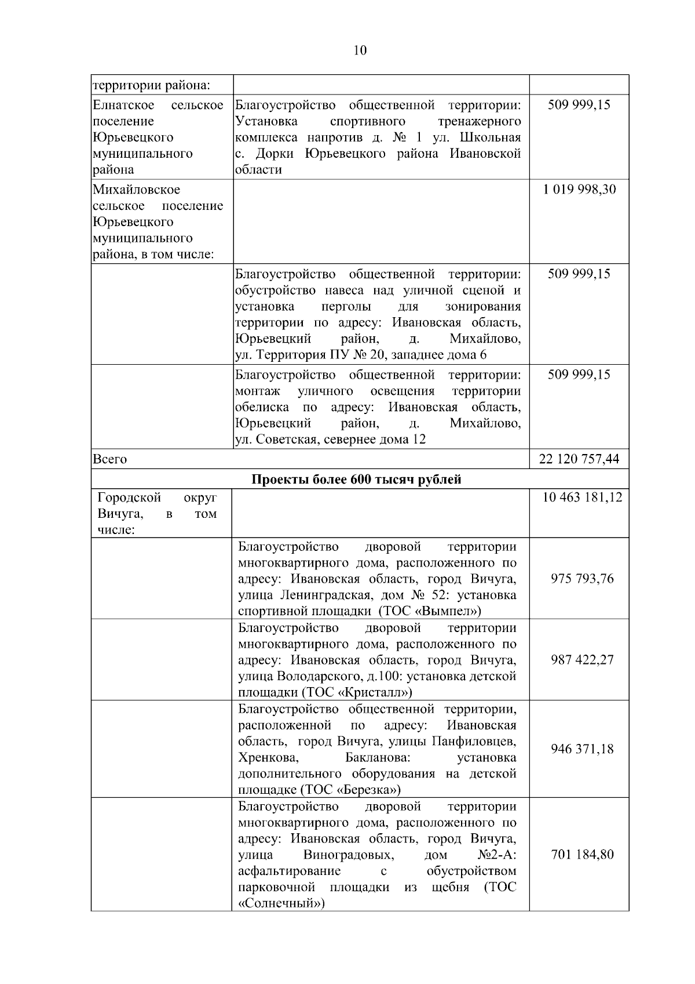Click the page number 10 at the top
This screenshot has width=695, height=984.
(360, 50)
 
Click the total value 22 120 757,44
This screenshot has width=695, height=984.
(579, 459)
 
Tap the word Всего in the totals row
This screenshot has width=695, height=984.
(109, 459)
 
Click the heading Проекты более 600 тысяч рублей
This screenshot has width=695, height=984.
(357, 480)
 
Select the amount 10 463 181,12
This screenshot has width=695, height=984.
(582, 498)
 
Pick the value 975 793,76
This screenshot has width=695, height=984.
(582, 579)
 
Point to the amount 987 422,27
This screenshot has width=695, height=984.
(582, 660)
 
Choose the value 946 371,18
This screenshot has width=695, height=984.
(582, 749)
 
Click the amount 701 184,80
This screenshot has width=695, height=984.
(582, 855)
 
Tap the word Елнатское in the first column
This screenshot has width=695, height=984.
(123, 105)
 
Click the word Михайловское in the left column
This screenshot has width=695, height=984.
(136, 190)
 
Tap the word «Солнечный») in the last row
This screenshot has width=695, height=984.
(281, 903)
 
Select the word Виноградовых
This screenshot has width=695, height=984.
(348, 855)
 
